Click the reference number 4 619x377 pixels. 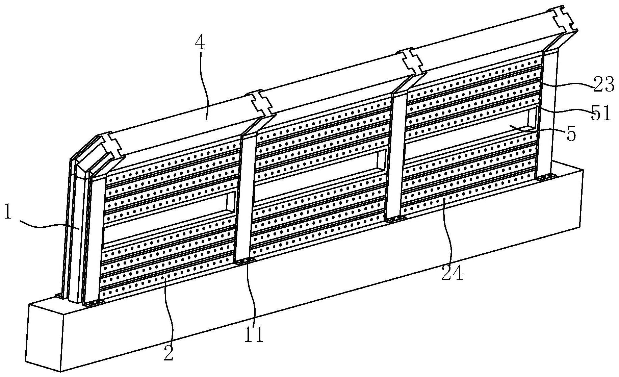[201, 44]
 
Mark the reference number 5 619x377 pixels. [570, 134]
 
